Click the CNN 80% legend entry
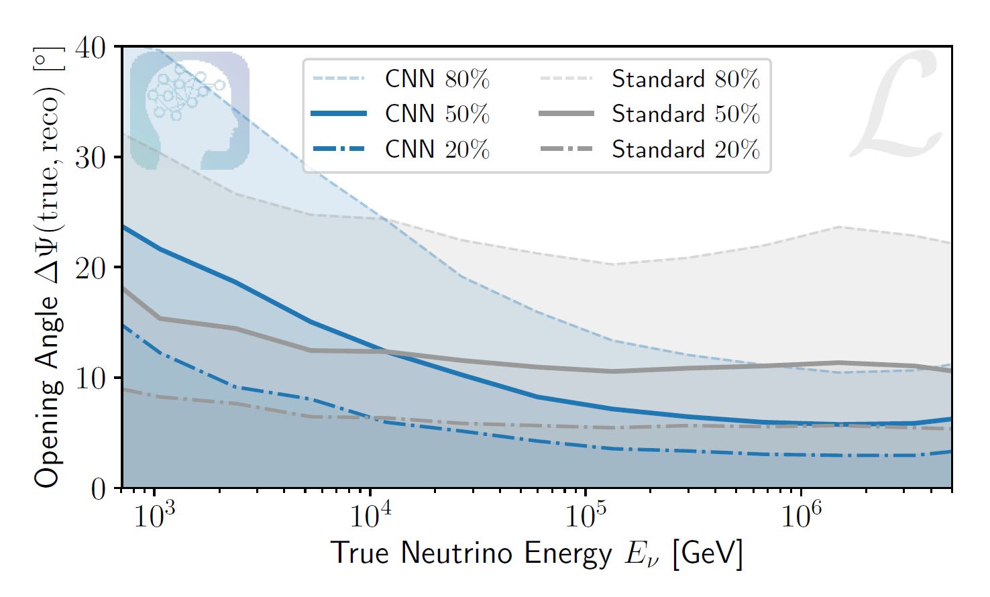point(437,79)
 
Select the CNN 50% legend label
point(437,114)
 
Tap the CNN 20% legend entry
point(437,149)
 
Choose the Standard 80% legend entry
point(685,79)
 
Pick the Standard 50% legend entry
point(685,114)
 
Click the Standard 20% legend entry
point(685,149)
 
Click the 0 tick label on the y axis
point(99,488)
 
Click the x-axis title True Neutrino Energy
point(537,553)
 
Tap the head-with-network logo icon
point(189,110)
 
